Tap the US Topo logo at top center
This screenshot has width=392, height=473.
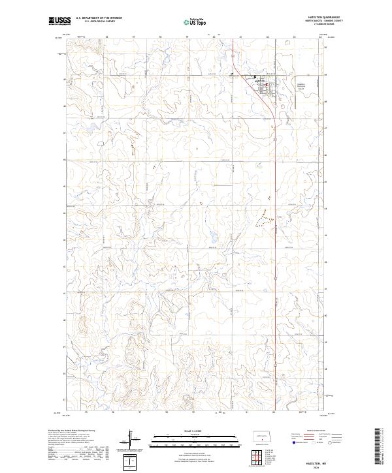click(195, 22)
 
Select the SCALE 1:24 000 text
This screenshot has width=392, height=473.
click(195, 429)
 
